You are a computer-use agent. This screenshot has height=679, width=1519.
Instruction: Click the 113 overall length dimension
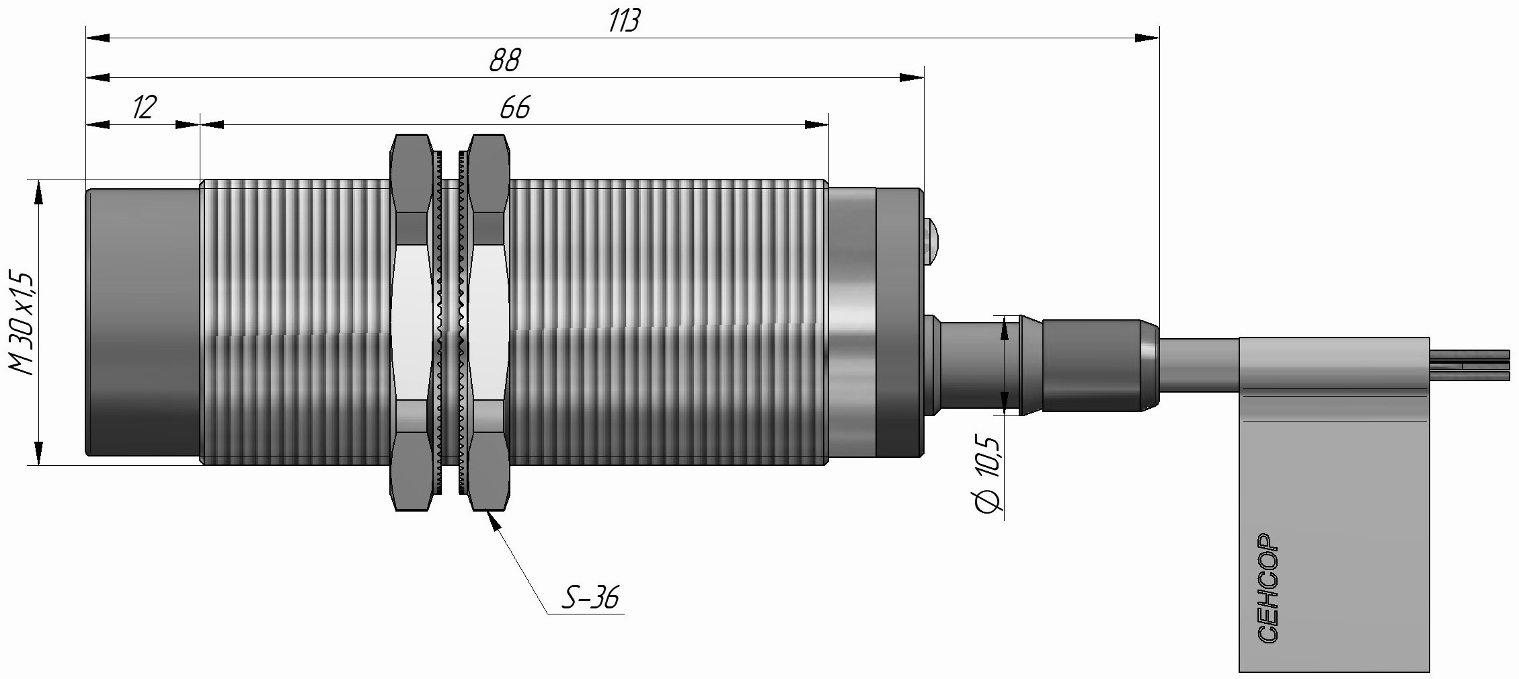(624, 22)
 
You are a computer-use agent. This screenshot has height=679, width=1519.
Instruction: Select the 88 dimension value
(504, 61)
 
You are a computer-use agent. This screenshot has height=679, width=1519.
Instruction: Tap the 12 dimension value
(144, 108)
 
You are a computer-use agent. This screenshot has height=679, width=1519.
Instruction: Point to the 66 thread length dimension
(515, 108)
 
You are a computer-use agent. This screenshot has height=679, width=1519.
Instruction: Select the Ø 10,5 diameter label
(988, 474)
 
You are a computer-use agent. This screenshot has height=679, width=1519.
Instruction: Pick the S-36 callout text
(589, 597)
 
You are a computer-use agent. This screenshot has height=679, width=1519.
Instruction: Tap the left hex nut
(411, 323)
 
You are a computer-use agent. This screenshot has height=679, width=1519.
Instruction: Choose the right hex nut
(488, 323)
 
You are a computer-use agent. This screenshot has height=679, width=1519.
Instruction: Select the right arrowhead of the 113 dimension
(1147, 38)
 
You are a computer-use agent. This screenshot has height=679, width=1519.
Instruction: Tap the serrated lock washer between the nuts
(450, 323)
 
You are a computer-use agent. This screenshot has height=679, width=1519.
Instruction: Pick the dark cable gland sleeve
(1089, 365)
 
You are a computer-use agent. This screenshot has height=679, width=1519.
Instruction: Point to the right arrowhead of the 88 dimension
(912, 78)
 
